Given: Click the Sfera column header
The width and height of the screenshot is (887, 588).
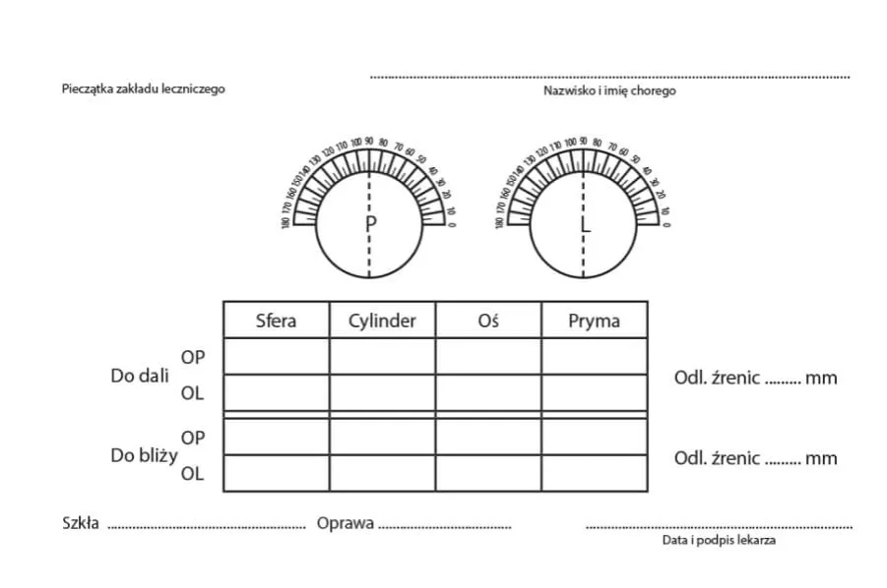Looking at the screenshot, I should click(276, 321).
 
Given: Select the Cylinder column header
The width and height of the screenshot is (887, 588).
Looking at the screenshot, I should click(382, 321).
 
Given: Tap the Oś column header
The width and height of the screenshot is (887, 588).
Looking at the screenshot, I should click(488, 321).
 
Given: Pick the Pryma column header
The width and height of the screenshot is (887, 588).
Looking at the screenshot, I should click(595, 321).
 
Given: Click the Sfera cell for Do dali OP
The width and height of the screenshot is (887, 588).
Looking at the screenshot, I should click(276, 356).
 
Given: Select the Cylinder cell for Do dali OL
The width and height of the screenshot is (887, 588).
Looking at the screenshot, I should click(382, 392).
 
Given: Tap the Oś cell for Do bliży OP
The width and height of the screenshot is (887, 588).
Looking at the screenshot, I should click(488, 437).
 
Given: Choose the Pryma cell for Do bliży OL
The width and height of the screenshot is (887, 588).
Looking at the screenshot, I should click(595, 473).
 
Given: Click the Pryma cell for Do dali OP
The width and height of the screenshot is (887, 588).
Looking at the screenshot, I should click(595, 356).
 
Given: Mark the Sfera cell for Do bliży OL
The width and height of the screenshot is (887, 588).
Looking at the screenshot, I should click(276, 473).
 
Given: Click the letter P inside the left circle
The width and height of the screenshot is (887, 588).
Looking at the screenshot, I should click(371, 224).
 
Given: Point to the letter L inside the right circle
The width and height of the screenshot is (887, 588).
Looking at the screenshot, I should click(586, 224).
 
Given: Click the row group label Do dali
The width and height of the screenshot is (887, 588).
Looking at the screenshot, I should click(140, 376).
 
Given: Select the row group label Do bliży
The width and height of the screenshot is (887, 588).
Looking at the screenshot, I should click(144, 455).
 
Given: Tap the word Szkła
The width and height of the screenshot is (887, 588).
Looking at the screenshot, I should click(81, 523).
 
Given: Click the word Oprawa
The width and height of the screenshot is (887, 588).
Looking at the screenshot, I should click(345, 523).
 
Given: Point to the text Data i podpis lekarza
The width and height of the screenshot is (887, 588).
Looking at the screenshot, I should click(720, 540).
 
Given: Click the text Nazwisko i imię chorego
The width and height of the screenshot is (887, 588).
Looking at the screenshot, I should click(609, 90).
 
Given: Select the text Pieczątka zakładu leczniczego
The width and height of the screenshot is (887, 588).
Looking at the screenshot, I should click(144, 88).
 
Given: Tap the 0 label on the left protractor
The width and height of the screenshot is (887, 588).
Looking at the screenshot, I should click(452, 225).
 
